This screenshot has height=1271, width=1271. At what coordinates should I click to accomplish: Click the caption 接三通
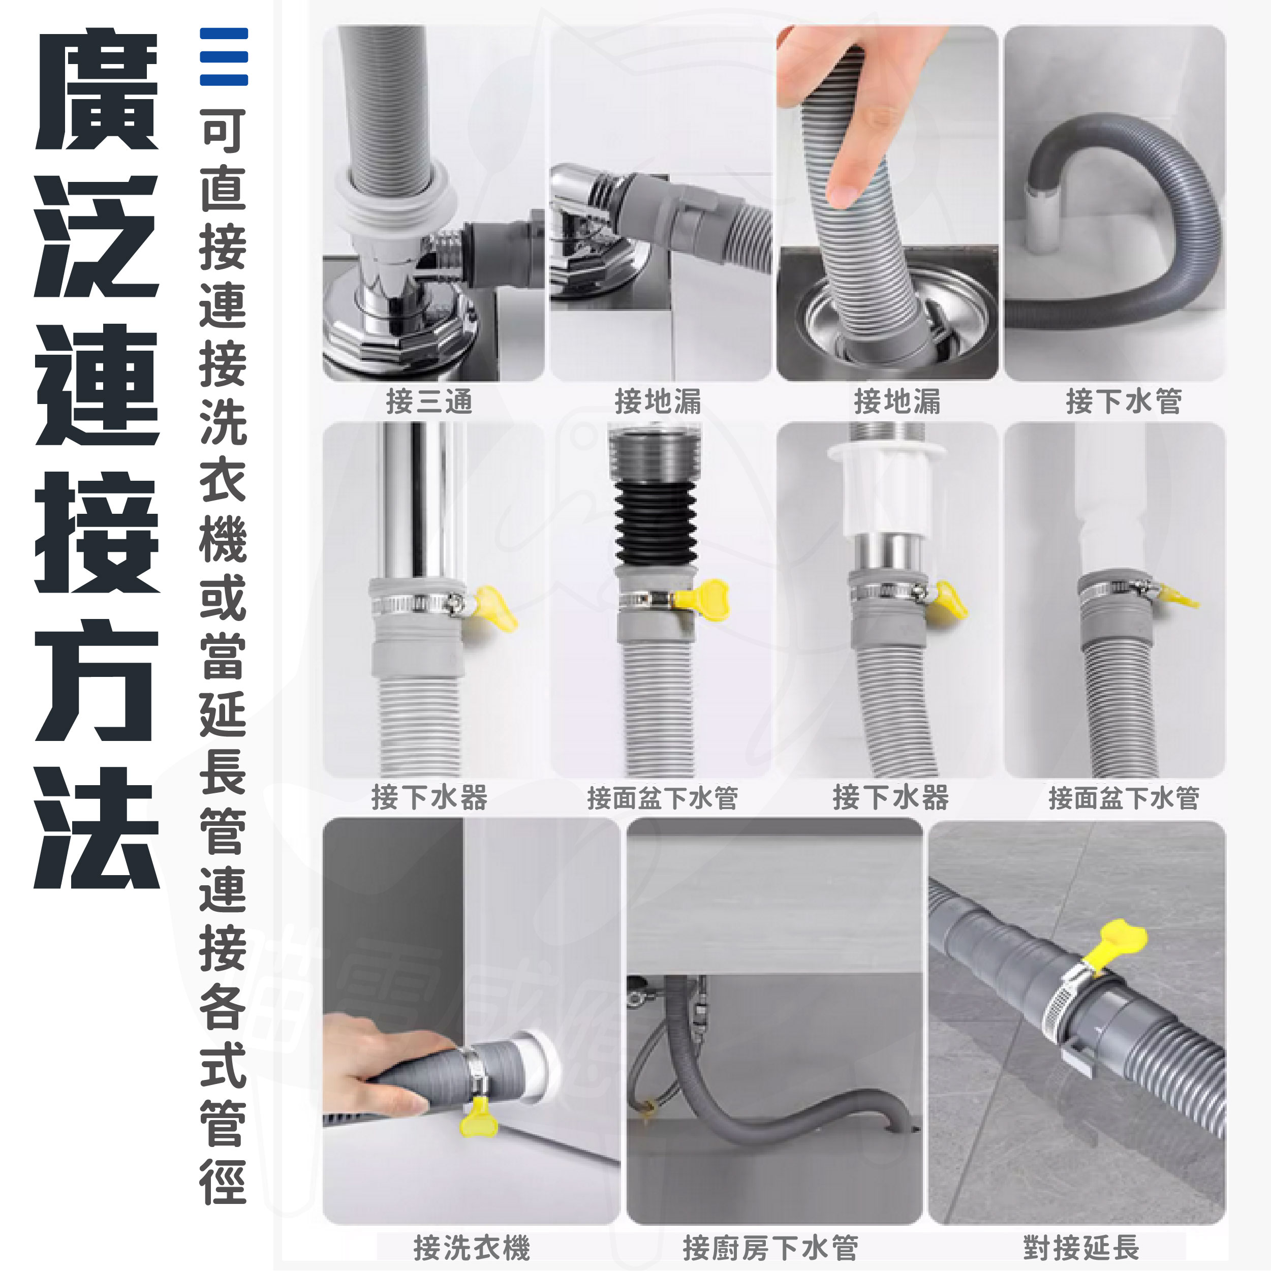(x=429, y=400)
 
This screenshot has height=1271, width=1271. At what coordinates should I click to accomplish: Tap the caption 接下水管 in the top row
(x=1124, y=400)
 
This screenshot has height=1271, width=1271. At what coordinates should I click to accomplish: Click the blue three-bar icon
(x=224, y=56)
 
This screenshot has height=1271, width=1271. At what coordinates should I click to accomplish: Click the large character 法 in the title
(x=98, y=827)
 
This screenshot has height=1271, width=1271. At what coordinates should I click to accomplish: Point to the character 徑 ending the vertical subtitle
(x=224, y=1182)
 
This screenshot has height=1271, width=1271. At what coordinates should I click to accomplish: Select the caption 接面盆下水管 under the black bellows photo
(x=663, y=798)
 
